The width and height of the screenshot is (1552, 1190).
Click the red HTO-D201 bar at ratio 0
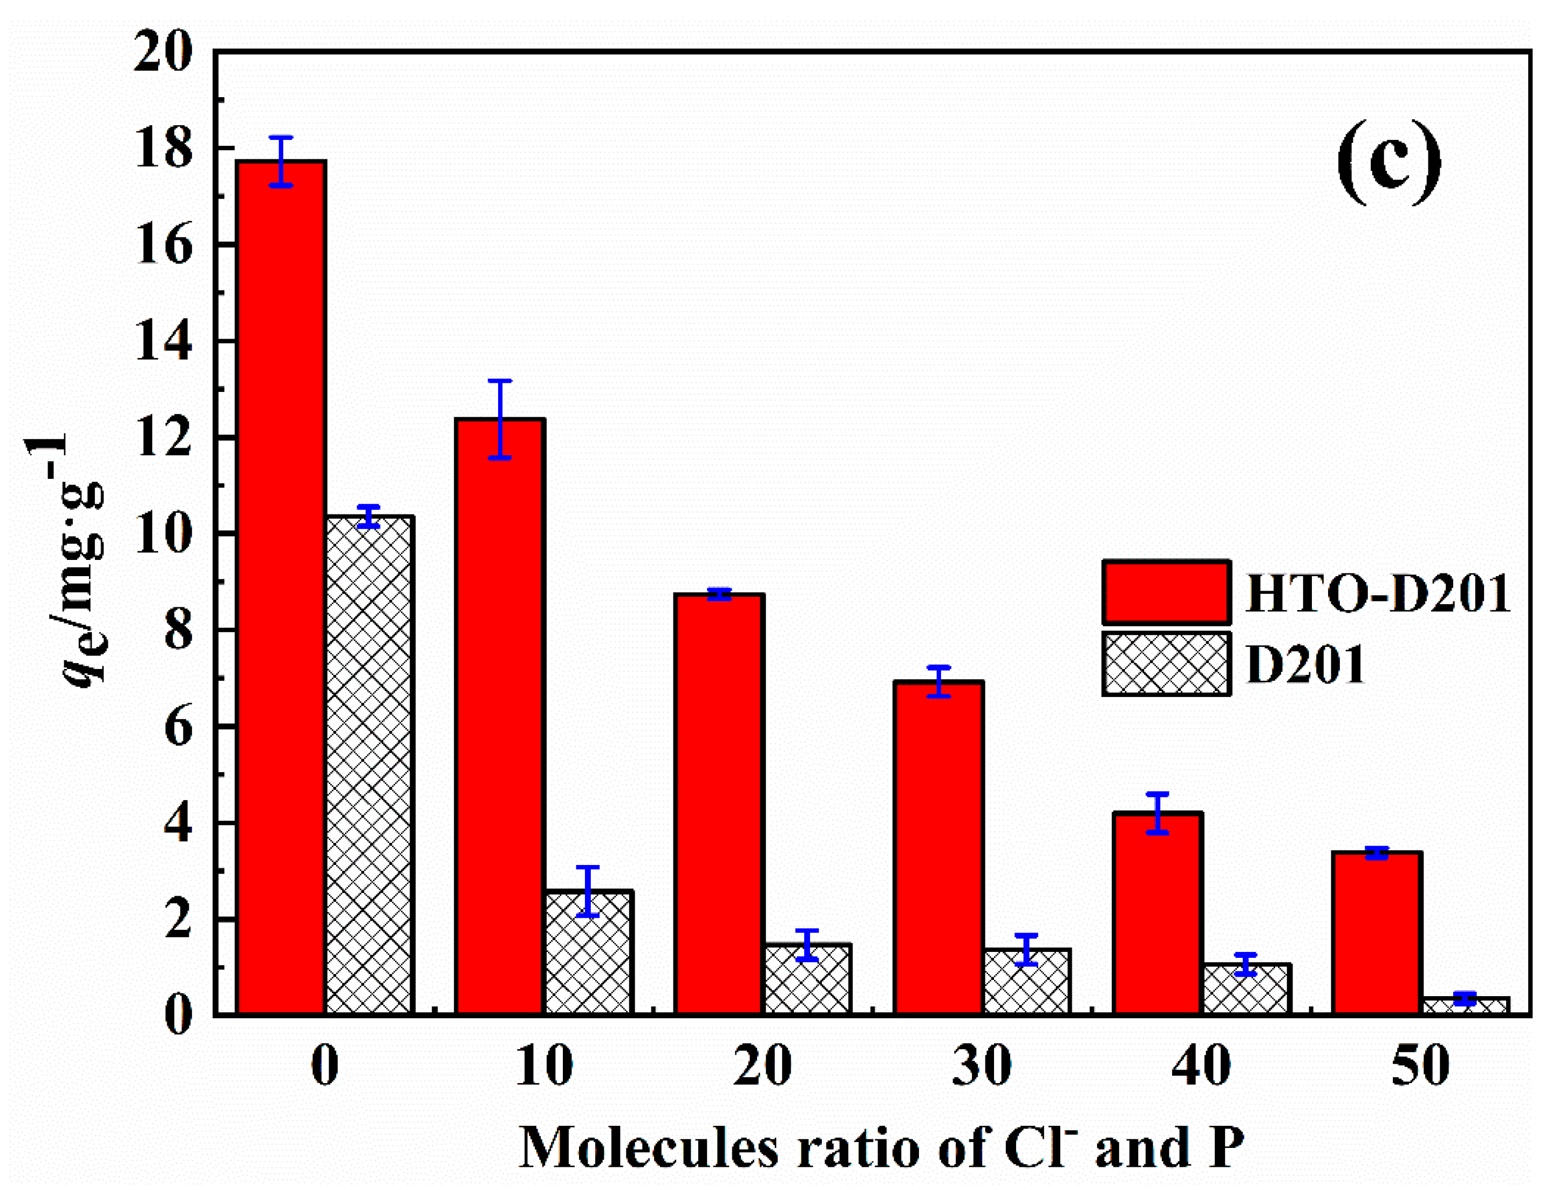[281, 588]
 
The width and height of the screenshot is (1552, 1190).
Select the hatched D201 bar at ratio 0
[369, 765]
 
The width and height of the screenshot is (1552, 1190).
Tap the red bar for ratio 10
[500, 715]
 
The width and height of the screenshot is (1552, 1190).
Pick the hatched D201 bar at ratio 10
[588, 953]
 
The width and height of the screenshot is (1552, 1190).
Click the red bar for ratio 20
[719, 804]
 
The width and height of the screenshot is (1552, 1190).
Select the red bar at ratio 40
[1157, 914]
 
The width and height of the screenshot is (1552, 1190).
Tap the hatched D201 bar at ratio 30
[1026, 982]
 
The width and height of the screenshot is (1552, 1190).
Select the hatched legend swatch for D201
[1166, 664]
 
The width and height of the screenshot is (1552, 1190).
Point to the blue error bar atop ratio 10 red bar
[500, 420]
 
